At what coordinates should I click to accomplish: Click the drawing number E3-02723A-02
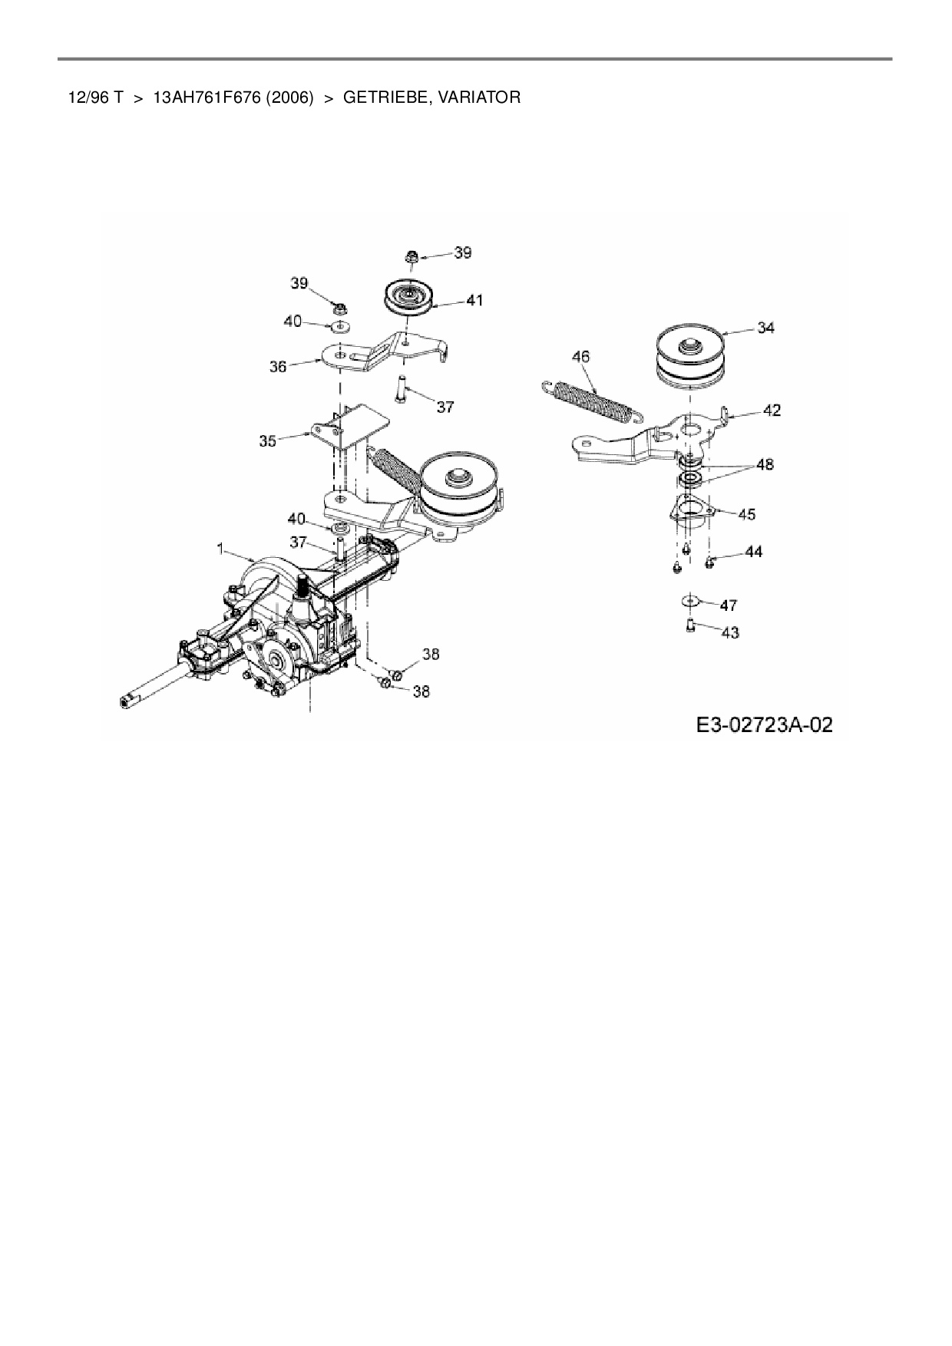click(764, 724)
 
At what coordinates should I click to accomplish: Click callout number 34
click(765, 328)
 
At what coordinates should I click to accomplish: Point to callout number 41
click(474, 300)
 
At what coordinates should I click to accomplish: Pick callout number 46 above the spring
click(581, 357)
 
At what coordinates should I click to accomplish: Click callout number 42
click(772, 411)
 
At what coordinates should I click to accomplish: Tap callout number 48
click(765, 464)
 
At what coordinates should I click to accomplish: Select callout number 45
click(746, 514)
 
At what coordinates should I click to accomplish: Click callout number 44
click(753, 552)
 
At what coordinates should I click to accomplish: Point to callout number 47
click(729, 605)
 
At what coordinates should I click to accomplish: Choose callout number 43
click(730, 632)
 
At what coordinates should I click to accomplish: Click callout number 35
click(267, 441)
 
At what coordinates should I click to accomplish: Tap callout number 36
click(277, 367)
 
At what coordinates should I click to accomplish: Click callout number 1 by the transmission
click(220, 549)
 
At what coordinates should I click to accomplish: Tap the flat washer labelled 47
click(689, 599)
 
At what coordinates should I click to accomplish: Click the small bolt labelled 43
click(689, 626)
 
